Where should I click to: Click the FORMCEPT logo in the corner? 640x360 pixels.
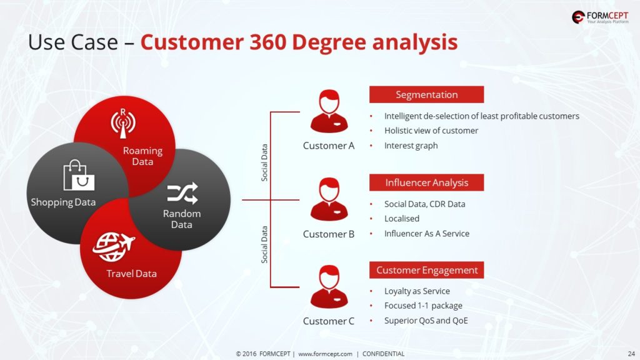click(600, 17)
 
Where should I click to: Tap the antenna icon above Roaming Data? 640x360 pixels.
click(123, 123)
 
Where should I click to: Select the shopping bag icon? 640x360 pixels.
click(79, 175)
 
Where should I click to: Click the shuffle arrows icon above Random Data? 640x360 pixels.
click(182, 193)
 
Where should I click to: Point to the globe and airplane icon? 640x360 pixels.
click(114, 246)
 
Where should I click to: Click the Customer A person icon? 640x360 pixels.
click(329, 111)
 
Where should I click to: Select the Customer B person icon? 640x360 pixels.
click(329, 199)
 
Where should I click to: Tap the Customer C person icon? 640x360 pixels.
click(329, 286)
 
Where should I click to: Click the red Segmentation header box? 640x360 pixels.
click(426, 94)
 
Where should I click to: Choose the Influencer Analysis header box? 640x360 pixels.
click(426, 182)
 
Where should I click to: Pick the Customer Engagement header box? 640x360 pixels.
click(426, 270)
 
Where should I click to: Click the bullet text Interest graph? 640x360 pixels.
click(411, 146)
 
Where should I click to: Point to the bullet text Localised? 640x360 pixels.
click(402, 218)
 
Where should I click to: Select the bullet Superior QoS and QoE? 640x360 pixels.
click(426, 321)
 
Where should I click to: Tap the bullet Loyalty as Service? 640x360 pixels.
click(417, 291)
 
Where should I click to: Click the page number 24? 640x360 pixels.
click(631, 354)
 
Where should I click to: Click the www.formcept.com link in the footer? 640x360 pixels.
click(325, 354)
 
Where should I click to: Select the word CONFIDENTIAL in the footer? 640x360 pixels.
click(383, 354)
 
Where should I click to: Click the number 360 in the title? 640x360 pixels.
click(267, 42)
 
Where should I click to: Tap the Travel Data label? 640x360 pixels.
click(131, 274)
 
